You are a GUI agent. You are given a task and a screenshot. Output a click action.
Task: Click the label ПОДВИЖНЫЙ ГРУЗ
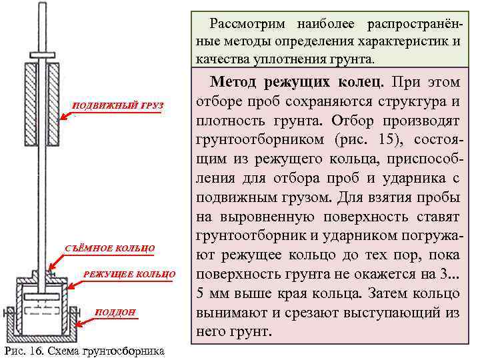point(117,106)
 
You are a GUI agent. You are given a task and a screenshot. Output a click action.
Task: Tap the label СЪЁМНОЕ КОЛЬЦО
point(110,249)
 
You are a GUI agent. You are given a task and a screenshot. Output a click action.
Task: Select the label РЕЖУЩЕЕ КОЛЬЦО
point(129,274)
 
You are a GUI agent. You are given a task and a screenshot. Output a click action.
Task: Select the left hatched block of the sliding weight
point(30,103)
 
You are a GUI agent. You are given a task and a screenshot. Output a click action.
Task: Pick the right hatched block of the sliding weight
point(55,103)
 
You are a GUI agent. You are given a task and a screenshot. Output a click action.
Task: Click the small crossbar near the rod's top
point(43,54)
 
